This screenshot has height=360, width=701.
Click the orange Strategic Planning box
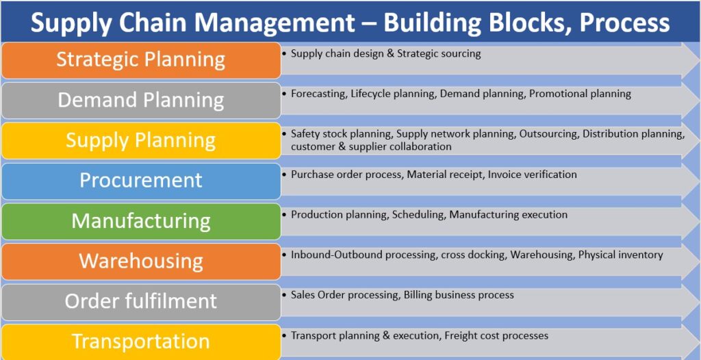[141, 60]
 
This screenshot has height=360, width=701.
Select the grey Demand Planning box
[141, 101]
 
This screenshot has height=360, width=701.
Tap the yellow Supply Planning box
[141, 141]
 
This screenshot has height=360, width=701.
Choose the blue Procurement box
[141, 181]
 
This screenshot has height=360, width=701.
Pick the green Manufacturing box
[141, 221]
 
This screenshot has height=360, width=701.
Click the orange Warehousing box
[141, 261]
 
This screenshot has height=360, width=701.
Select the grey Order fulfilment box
[141, 302]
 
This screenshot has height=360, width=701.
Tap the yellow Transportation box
[141, 342]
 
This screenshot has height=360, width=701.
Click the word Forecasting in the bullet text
[318, 94]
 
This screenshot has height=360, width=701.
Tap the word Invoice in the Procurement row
[503, 175]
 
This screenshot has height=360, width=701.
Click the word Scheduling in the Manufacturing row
[418, 215]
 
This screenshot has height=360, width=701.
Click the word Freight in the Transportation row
[461, 335]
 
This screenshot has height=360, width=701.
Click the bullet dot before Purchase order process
[284, 174]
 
